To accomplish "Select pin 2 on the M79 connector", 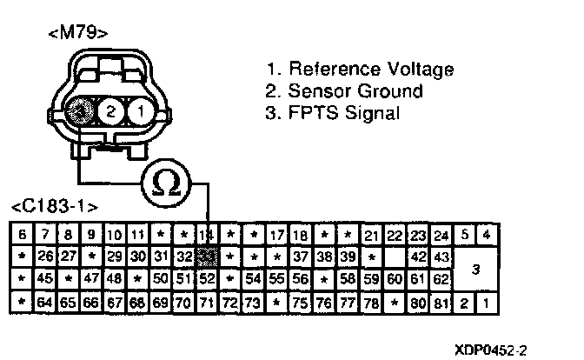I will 111,110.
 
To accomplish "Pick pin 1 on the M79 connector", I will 139,110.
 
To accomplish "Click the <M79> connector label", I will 79,35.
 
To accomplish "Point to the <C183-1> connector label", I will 54,208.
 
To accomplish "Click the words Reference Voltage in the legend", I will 372,70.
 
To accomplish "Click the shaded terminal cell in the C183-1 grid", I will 207,257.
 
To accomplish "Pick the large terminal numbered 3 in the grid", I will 475,269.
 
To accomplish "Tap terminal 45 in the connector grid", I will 45,280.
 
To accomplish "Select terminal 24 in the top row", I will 441,235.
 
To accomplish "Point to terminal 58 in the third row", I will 347,280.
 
